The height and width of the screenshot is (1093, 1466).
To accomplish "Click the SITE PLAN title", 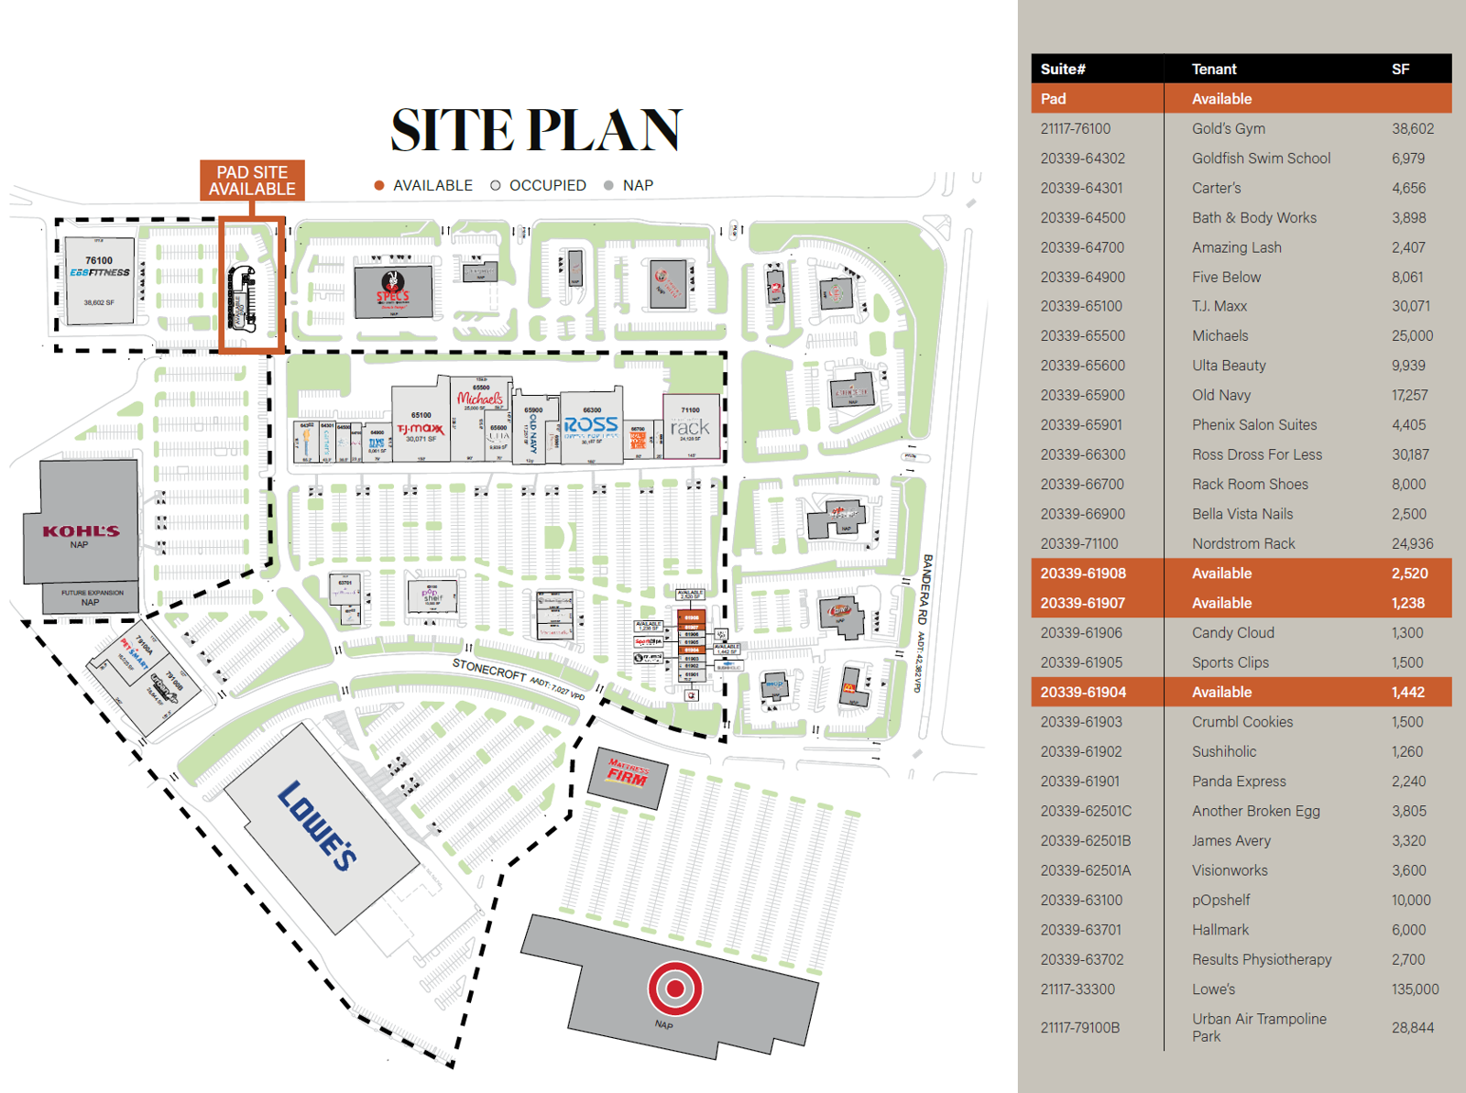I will point(536,130).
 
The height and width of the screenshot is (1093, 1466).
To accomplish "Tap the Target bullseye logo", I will point(675,989).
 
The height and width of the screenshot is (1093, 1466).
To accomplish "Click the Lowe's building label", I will point(317,825).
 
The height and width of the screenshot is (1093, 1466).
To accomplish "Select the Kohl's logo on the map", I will point(81,530).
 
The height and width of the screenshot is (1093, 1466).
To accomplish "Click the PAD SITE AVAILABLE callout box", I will point(252,180).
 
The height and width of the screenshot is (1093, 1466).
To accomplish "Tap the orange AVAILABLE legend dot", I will point(379,185).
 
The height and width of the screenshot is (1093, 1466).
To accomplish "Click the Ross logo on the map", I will point(591,425).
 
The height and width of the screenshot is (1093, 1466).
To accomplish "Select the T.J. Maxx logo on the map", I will point(421,429).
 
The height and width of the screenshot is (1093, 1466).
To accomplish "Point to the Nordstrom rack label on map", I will point(689,428).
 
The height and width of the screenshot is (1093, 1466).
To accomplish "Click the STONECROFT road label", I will point(489,671).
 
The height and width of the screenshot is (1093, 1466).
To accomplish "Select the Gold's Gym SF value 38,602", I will point(1413,128).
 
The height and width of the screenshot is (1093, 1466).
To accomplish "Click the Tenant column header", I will point(1214,69).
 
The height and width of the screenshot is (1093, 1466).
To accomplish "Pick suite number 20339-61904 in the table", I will point(1083,692).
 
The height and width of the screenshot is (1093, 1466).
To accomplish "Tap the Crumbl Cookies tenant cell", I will point(1242,722).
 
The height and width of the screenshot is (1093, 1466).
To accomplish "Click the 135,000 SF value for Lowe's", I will point(1415,989).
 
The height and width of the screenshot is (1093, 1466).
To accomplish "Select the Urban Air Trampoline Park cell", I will point(1258,1027).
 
